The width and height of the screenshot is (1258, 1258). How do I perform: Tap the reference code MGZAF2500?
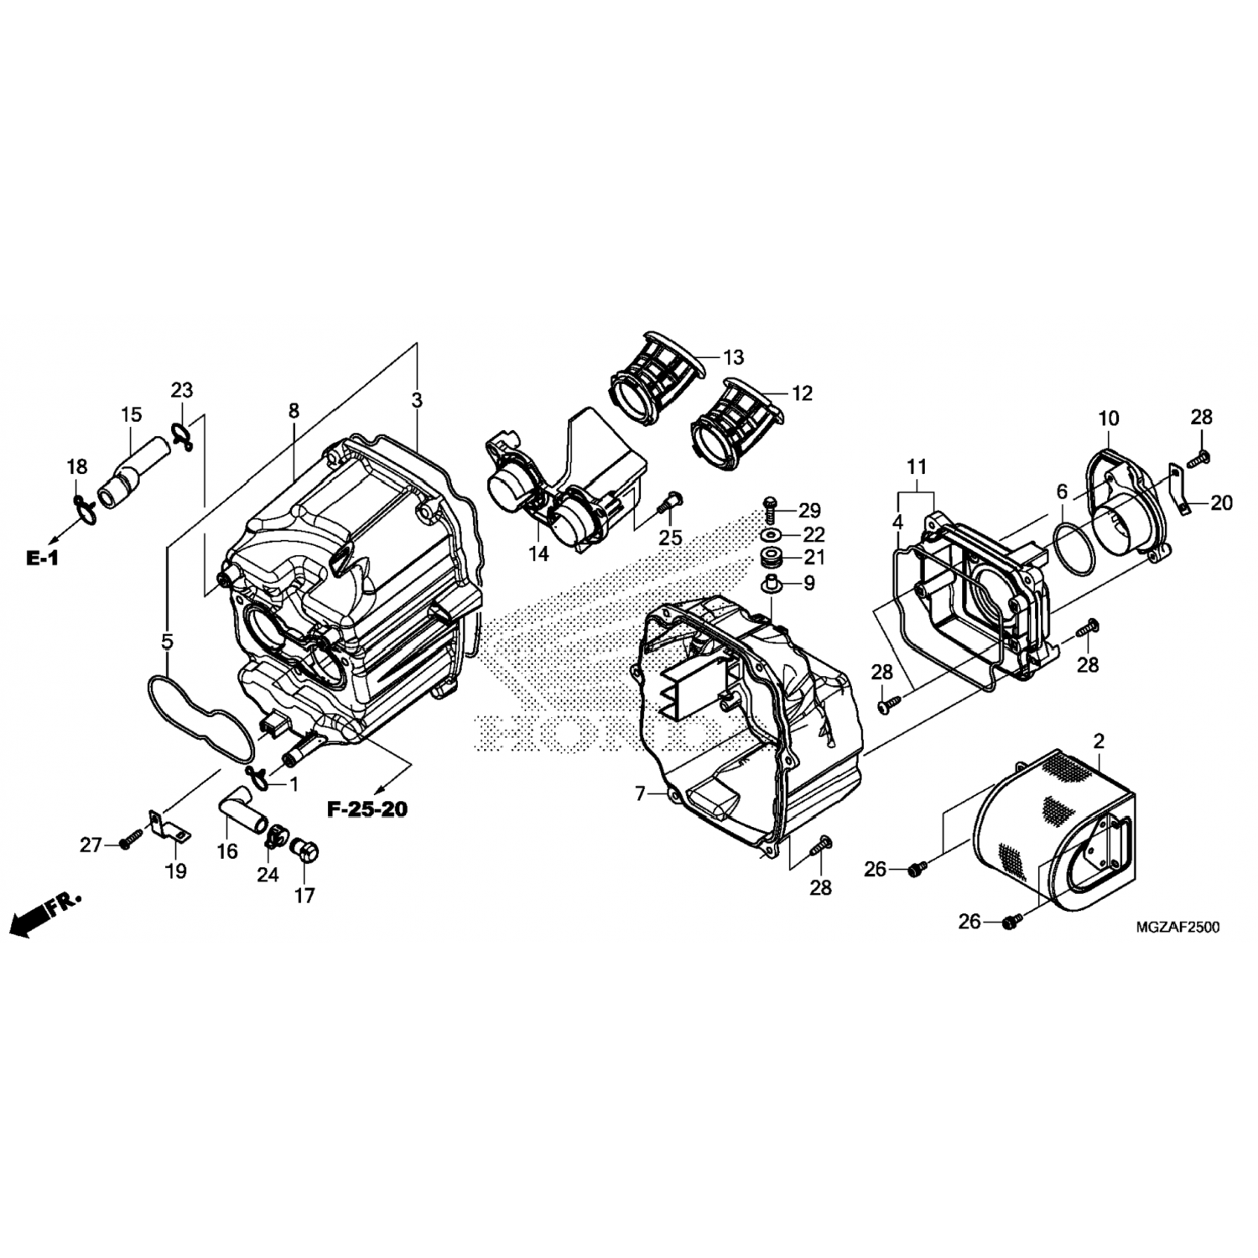pos(1177,927)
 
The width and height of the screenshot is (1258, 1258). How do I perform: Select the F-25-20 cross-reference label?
pos(367,809)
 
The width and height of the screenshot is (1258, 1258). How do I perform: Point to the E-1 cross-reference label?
pos(42,557)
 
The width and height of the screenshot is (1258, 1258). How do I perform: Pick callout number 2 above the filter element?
pos(1099,741)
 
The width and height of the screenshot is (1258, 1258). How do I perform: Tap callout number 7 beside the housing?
pos(640,793)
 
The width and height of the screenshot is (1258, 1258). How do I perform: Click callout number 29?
pos(810,510)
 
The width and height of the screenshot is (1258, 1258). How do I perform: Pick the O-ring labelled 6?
pos(1075,545)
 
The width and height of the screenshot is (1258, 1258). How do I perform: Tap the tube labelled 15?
pos(134,474)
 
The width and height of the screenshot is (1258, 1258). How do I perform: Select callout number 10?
pos(1109,418)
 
